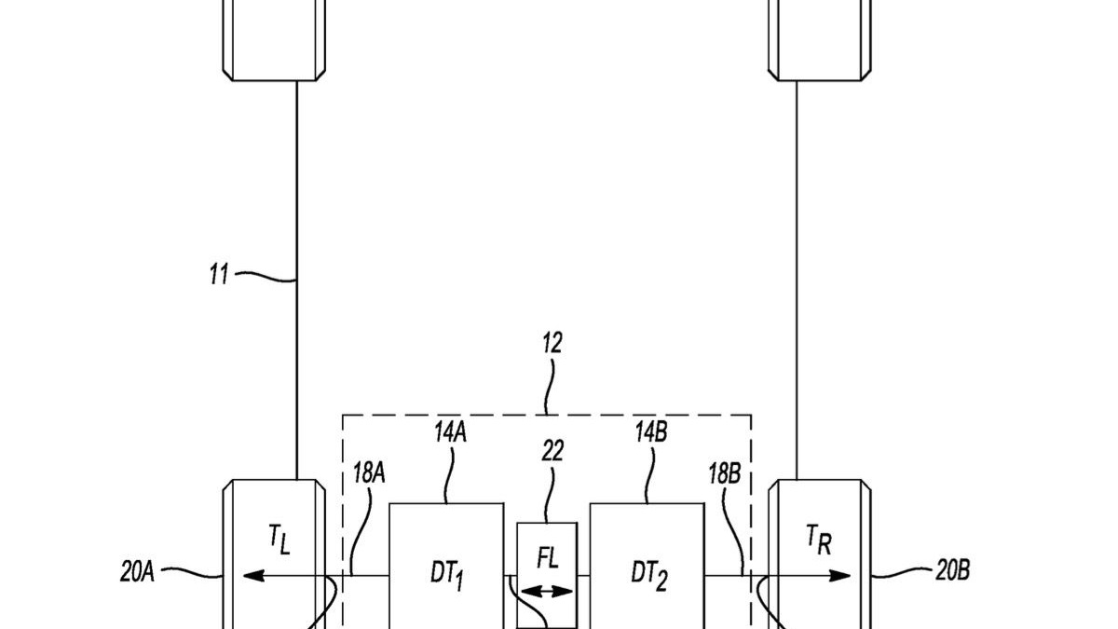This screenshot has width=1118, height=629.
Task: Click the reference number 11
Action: tap(220, 275)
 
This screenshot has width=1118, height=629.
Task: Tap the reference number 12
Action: tap(552, 343)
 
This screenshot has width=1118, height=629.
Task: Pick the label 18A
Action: tap(369, 472)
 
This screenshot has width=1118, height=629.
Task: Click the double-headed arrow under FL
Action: tap(547, 592)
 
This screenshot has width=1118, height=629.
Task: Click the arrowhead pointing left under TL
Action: tap(249, 576)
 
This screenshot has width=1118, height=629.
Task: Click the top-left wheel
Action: tap(273, 39)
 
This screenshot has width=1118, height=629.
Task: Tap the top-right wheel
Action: tap(820, 39)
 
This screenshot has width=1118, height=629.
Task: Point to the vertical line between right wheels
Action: tap(797, 280)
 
